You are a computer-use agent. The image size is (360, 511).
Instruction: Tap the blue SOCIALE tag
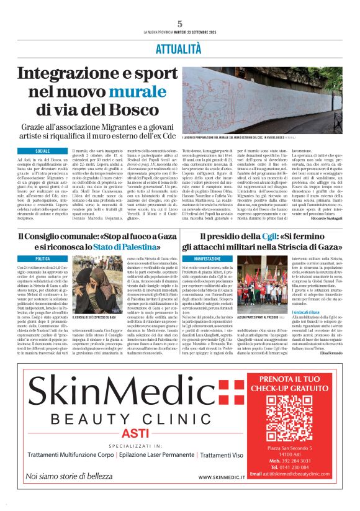(43, 151)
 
